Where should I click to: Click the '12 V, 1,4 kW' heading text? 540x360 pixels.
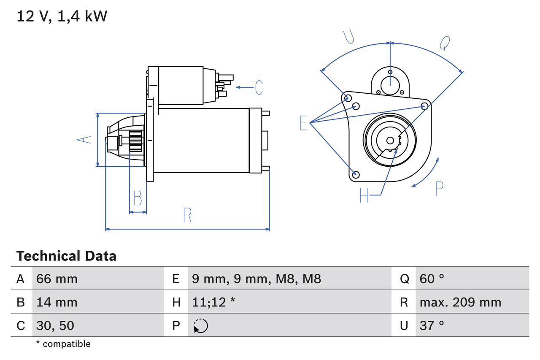pos(62,16)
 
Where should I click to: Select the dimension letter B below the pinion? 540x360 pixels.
pos(138,198)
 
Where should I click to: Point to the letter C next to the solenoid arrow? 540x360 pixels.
pos(259,87)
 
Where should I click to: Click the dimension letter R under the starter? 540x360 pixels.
pos(188,216)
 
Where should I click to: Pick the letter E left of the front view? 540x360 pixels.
pos(303,123)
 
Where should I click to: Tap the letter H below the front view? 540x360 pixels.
pos(364,195)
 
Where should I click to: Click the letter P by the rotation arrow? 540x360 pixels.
pos(439,189)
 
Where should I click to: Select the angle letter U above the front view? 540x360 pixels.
pos(348,37)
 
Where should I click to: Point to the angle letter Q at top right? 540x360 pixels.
pos(445,43)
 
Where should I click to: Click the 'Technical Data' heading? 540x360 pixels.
pos(66,256)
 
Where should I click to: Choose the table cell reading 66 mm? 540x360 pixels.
pos(57,279)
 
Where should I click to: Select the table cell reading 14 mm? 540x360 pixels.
pos(57,302)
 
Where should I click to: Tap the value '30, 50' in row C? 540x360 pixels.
pos(55,325)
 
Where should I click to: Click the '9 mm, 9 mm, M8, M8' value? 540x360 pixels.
pos(256,279)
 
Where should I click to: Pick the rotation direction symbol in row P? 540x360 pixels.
pos(200,326)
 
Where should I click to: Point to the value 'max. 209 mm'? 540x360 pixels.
pos(460,302)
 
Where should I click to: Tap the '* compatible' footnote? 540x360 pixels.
pos(63,344)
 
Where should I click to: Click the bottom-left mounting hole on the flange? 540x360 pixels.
pos(356,174)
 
